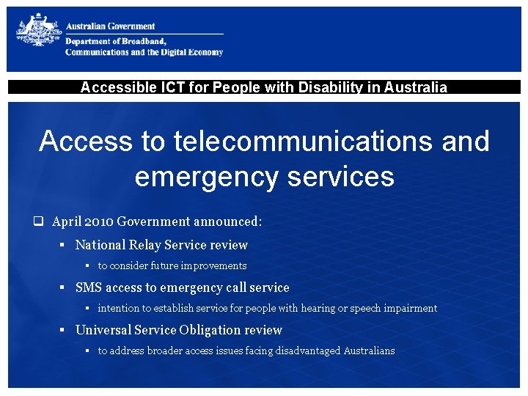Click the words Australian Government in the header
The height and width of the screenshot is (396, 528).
click(x=111, y=26)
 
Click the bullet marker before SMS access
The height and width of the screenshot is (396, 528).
click(x=63, y=287)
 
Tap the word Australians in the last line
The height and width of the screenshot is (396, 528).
click(x=368, y=351)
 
